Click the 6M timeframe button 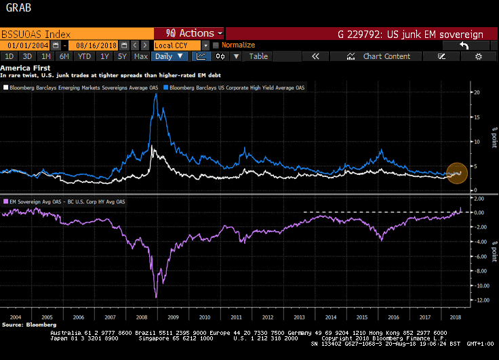(x=65, y=56)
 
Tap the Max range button (x=141, y=56)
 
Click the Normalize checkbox (x=216, y=45)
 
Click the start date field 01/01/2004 (x=28, y=45)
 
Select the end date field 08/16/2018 (x=91, y=45)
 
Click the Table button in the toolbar (x=258, y=56)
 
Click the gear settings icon (x=478, y=56)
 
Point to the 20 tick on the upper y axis (x=477, y=92)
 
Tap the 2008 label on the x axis (x=141, y=317)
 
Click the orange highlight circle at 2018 (x=457, y=174)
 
